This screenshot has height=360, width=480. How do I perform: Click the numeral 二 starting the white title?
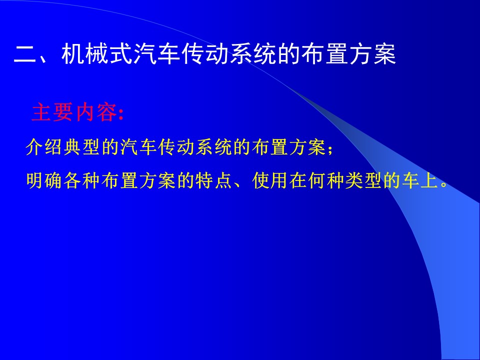(25, 55)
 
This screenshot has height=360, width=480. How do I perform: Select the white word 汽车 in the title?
(156, 54)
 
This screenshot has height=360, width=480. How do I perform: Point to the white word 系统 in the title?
(253, 54)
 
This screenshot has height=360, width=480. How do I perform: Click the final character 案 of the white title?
(385, 54)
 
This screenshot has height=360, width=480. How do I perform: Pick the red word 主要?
(52, 112)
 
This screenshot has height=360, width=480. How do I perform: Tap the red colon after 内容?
(121, 114)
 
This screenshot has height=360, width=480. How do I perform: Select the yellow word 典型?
(81, 147)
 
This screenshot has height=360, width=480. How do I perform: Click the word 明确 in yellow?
(44, 180)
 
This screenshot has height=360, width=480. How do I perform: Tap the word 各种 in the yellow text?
(81, 180)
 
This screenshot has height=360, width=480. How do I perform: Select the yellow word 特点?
(213, 180)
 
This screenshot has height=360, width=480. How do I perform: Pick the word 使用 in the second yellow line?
(270, 180)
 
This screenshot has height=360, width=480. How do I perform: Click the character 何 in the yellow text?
(317, 180)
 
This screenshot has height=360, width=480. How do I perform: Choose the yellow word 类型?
(363, 180)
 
